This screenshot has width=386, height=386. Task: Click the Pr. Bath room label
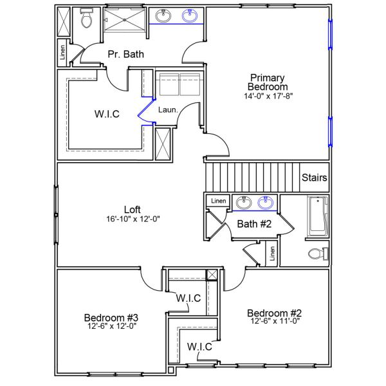125,54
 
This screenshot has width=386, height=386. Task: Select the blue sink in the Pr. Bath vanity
190,16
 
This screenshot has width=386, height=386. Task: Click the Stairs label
315,178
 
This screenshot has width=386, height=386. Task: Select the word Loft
132,209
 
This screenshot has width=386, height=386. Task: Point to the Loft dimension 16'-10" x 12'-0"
132,219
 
